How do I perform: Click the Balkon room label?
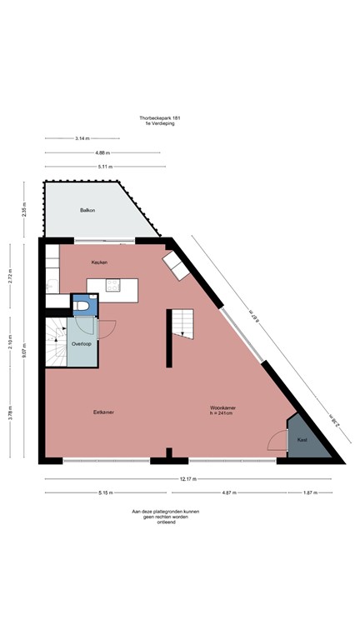(x=87, y=210)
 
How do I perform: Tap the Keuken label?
(x=100, y=262)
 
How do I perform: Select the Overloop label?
(x=81, y=343)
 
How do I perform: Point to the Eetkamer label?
(x=104, y=412)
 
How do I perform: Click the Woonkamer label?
(x=222, y=407)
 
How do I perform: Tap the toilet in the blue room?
(x=82, y=307)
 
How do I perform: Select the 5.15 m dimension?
(x=104, y=492)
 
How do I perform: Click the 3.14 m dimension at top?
(x=82, y=138)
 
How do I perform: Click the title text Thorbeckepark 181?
(x=160, y=118)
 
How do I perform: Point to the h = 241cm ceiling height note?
(x=223, y=413)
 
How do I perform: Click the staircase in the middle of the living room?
(x=182, y=322)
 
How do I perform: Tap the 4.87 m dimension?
(x=230, y=492)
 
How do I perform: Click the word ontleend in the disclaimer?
(x=159, y=522)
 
